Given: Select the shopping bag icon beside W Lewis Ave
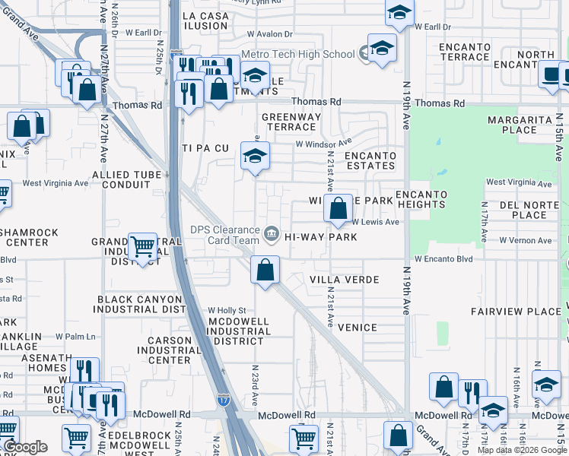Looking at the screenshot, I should (x=337, y=207).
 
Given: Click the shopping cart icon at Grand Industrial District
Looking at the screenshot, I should (x=142, y=246).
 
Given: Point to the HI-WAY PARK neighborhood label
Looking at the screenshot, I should (x=320, y=237).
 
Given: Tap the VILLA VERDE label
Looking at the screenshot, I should (x=344, y=280).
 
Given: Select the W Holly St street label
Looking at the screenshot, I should (x=227, y=310).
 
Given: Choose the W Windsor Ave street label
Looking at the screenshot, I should (x=323, y=143).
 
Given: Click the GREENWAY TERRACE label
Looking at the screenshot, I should (x=291, y=122).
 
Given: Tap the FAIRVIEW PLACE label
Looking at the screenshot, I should (x=515, y=312).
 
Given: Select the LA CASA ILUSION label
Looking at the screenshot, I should (x=205, y=21).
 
